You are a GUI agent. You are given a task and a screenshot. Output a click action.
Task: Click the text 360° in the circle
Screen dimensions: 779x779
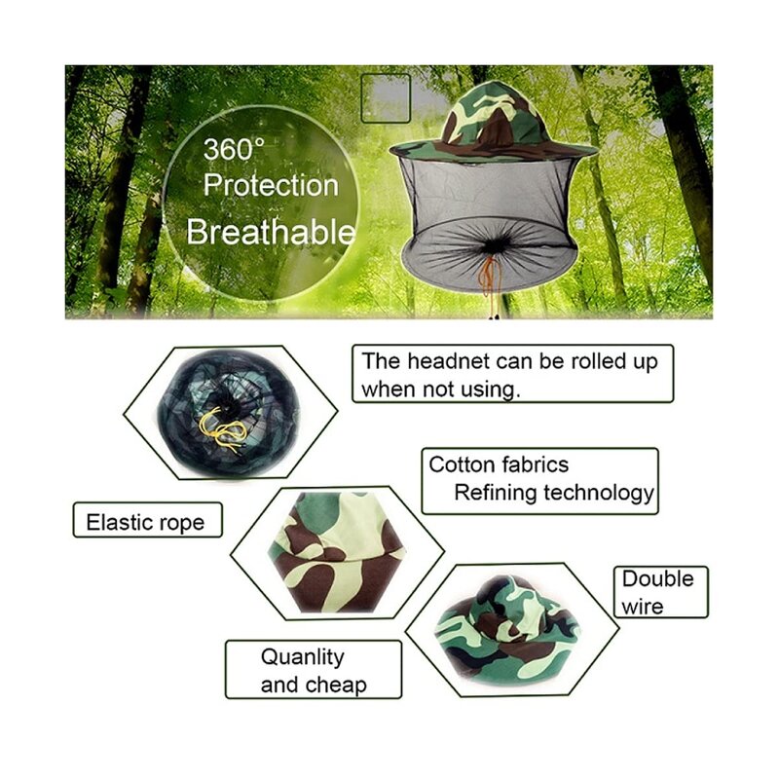point(234,150)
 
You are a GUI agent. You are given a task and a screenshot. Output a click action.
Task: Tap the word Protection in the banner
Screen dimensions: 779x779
point(271,186)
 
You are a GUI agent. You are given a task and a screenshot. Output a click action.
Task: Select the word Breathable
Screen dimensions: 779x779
point(271,233)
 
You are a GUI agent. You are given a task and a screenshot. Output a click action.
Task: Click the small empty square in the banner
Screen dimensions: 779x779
point(386,97)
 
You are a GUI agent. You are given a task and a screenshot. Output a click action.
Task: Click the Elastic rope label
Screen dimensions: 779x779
point(145,522)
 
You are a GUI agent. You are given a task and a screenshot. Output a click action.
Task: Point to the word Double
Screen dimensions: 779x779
point(658,578)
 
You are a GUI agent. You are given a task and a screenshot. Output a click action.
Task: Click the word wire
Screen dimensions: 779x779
point(643,607)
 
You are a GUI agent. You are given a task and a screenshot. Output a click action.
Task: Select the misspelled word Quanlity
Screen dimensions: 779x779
point(302,657)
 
